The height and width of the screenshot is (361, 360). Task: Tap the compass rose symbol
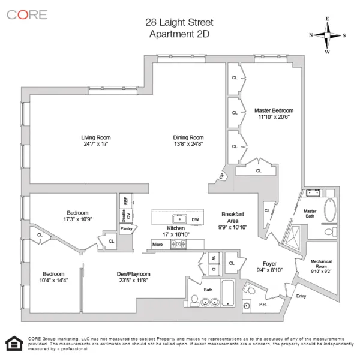click(327, 35)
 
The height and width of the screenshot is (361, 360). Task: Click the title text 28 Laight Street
click(179, 22)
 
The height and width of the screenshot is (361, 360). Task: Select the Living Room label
click(96, 137)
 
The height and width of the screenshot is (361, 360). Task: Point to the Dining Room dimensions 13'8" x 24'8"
click(189, 144)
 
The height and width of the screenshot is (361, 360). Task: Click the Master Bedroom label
click(274, 110)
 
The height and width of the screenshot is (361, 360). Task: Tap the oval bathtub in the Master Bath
click(331, 210)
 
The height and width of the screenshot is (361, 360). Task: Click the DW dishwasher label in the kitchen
click(195, 220)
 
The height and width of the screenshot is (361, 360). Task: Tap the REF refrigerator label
click(125, 201)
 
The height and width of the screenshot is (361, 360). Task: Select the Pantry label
click(126, 228)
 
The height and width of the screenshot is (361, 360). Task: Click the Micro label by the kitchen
click(157, 244)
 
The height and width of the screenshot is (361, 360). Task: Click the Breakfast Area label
click(232, 218)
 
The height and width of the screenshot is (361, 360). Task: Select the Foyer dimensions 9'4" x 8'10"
click(268, 270)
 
